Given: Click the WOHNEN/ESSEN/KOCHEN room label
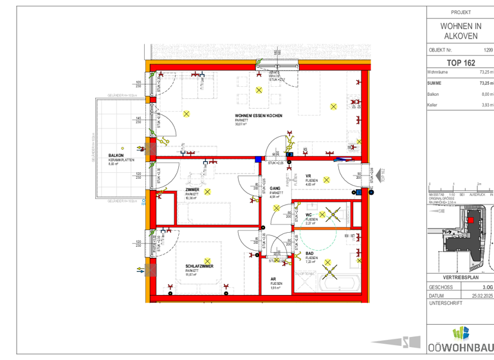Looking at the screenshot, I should [259, 116].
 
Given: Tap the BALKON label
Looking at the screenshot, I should [116, 156].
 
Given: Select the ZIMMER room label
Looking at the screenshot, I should [192, 190].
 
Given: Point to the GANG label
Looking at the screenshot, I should [275, 188].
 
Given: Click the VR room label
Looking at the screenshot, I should [308, 176].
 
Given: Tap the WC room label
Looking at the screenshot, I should [309, 215].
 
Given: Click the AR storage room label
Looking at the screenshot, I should [273, 279].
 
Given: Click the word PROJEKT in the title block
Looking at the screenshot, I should [461, 12].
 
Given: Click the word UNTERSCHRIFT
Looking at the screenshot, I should [445, 303].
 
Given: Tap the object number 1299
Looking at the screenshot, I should [488, 50].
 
